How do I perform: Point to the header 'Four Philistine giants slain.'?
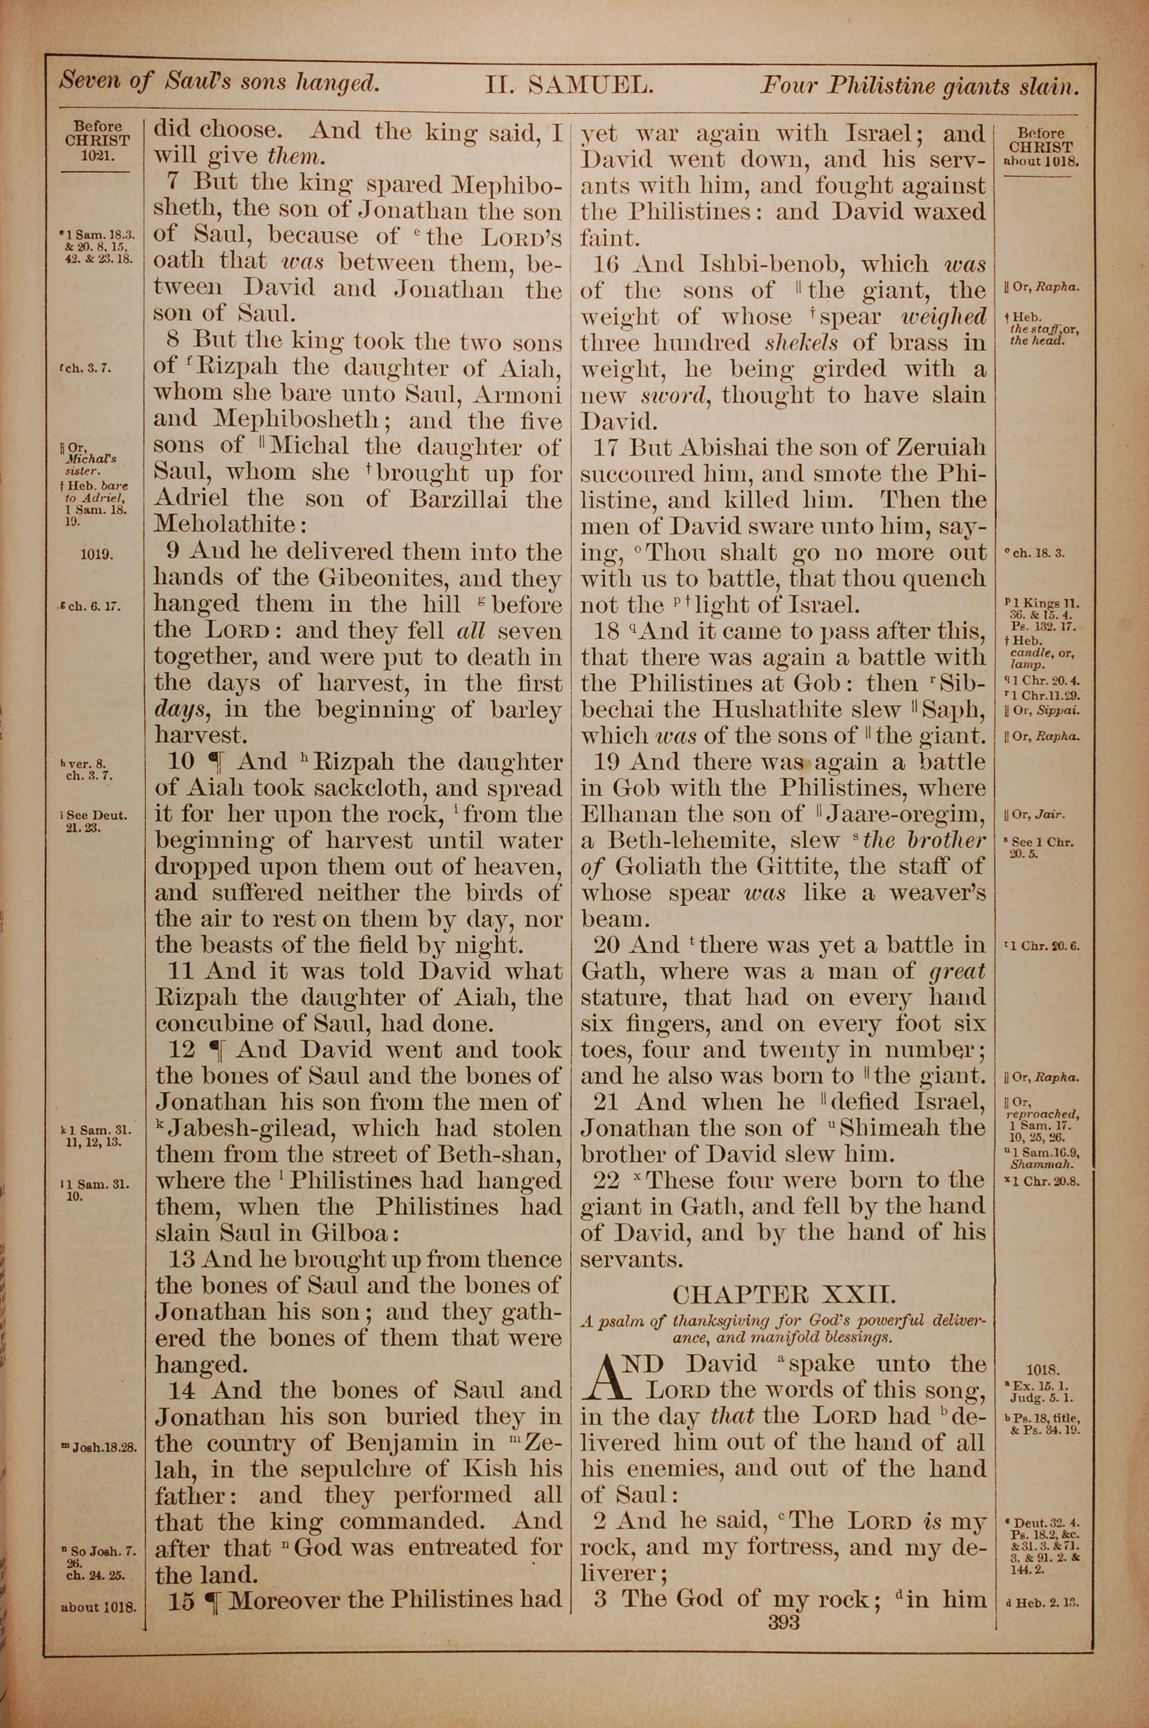(x=920, y=87)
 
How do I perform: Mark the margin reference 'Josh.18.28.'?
(x=101, y=1448)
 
